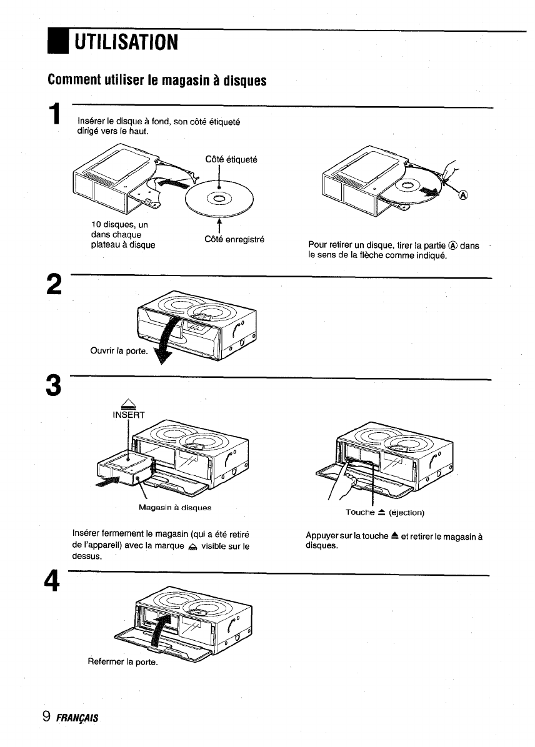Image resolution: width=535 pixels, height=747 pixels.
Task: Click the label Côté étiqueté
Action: [231, 160]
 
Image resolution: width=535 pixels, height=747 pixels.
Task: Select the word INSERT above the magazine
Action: [127, 415]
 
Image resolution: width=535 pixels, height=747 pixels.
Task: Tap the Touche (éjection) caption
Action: [385, 513]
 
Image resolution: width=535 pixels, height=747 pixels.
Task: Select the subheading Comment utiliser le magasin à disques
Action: [157, 81]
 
